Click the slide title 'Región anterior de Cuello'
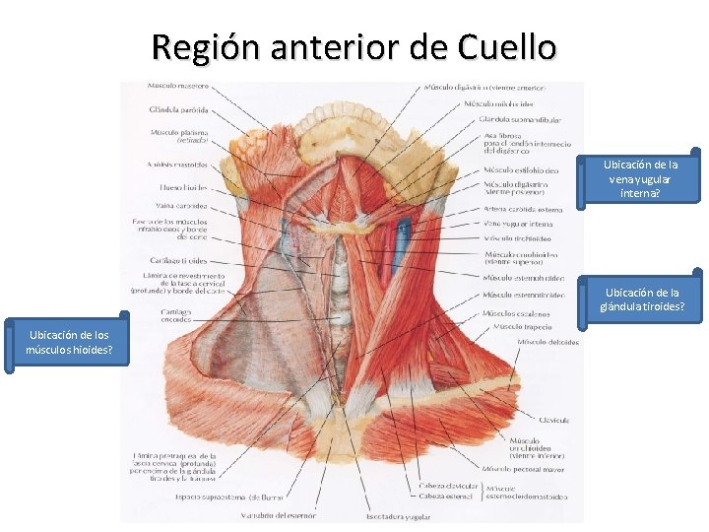pyautogui.click(x=354, y=46)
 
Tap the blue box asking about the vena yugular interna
pyautogui.click(x=640, y=179)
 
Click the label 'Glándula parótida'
pyautogui.click(x=178, y=109)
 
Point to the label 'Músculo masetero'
pyautogui.click(x=178, y=87)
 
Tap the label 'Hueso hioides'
pyautogui.click(x=183, y=187)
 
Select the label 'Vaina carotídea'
pyautogui.click(x=183, y=206)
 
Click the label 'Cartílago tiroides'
pyautogui.click(x=179, y=260)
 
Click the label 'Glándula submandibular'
pyautogui.click(x=520, y=119)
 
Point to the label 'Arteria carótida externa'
pyautogui.click(x=522, y=209)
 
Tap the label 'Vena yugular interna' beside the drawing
pyautogui.click(x=518, y=224)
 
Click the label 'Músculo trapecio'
pyautogui.click(x=522, y=326)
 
